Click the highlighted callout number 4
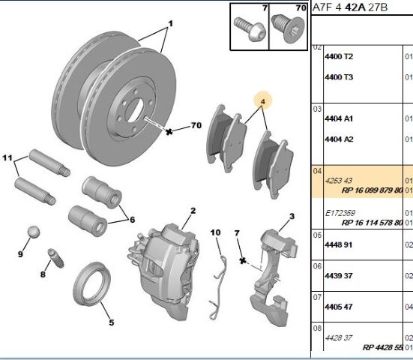(x=262, y=101)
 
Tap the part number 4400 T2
(x=339, y=57)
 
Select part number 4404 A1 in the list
(x=339, y=118)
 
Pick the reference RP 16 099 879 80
(x=372, y=190)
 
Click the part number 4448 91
(x=338, y=244)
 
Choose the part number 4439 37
(x=338, y=276)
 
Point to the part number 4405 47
(x=338, y=307)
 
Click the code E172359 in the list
(x=340, y=213)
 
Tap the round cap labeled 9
(x=34, y=232)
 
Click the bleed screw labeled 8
(x=55, y=258)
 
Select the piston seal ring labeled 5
(x=91, y=284)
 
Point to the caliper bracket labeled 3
(x=274, y=277)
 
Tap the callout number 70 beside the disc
(x=196, y=125)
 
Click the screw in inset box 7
(x=250, y=29)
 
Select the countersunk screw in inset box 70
(x=289, y=28)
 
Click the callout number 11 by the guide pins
(x=7, y=157)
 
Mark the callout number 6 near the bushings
(x=132, y=220)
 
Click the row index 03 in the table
(x=317, y=109)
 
